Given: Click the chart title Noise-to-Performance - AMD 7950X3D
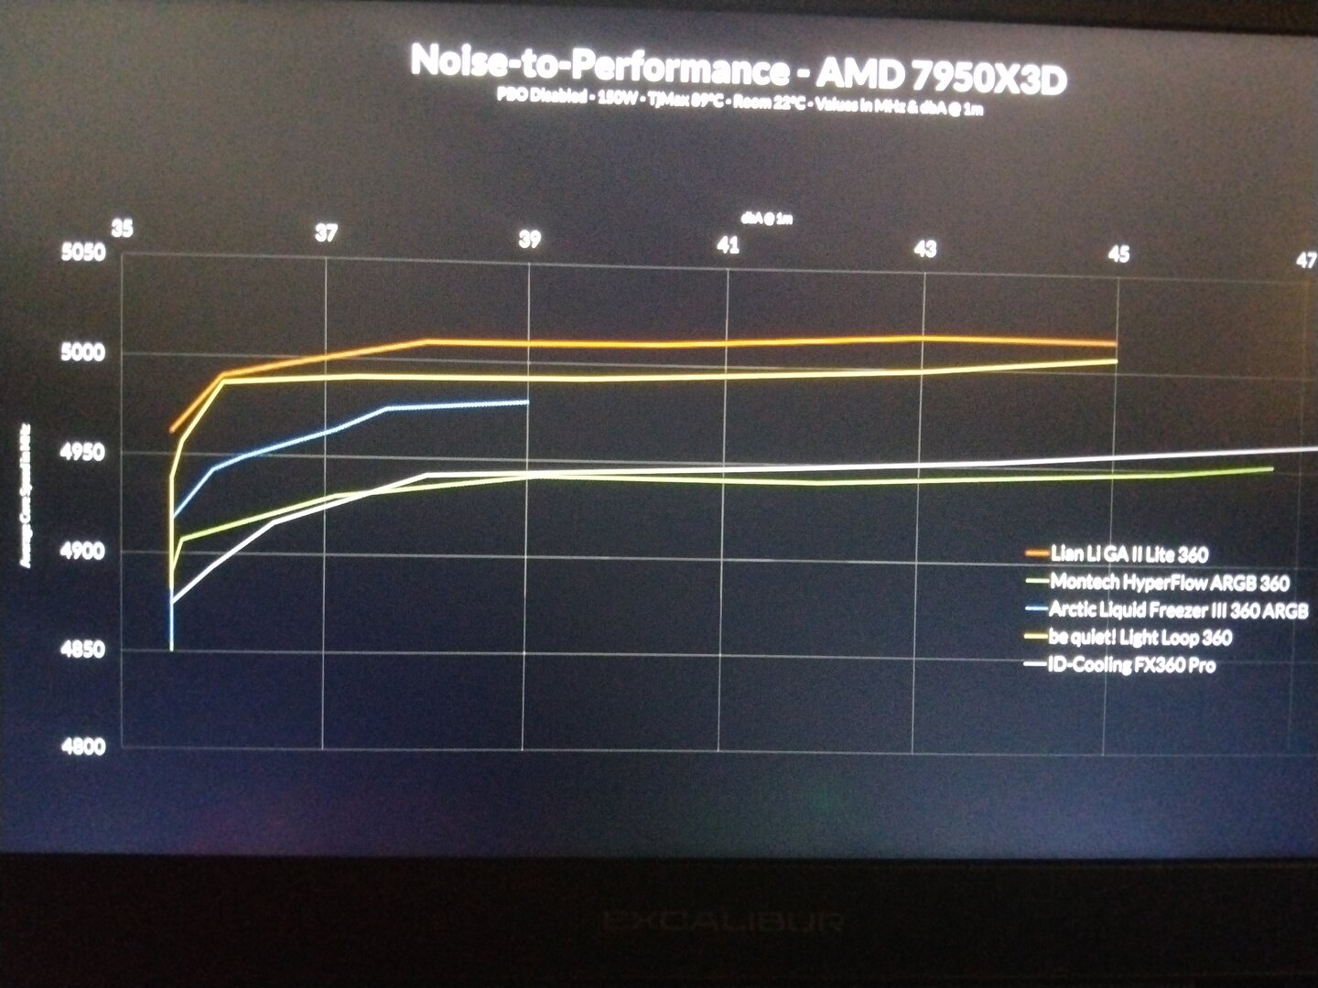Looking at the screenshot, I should [738, 70].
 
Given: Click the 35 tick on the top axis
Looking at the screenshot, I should [122, 229].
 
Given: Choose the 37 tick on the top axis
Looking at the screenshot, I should [326, 233].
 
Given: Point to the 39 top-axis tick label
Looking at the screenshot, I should [529, 240].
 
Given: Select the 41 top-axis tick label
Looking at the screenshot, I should [729, 245].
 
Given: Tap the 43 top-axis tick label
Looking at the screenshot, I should [926, 249].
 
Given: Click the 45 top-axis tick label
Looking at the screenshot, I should [1118, 254].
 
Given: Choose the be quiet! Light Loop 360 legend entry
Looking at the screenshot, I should [1140, 638].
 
